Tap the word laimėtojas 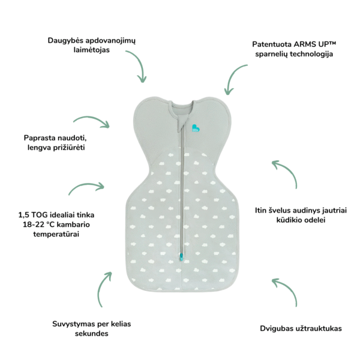pos(93,52)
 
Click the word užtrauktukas pos(317,329)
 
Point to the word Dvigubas pos(276,329)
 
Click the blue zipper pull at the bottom pos(181,259)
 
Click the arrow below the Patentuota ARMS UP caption pos(235,78)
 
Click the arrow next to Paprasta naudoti pos(91,122)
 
